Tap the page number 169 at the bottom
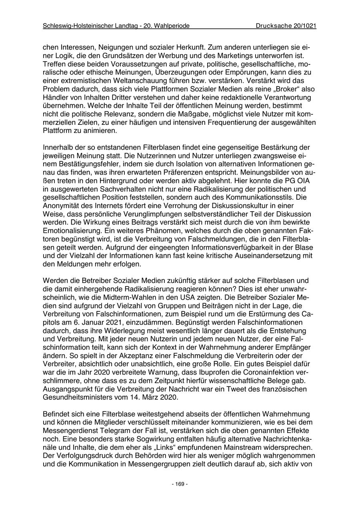[x=180, y=484]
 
